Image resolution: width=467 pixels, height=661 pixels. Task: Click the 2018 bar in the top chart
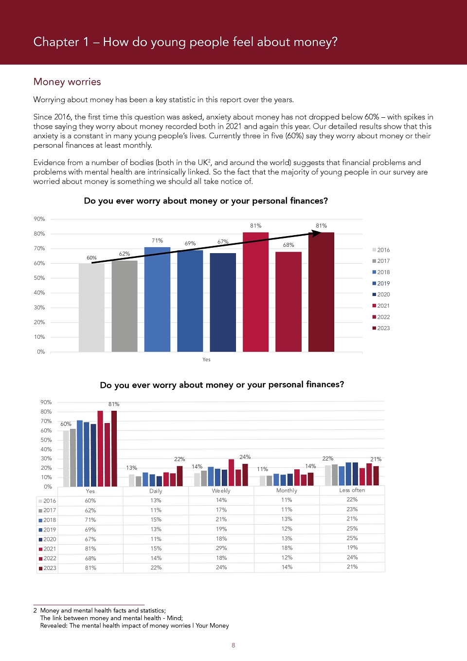point(157,299)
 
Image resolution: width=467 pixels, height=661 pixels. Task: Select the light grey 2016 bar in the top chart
point(91,308)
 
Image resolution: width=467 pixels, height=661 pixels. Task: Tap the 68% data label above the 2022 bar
point(288,245)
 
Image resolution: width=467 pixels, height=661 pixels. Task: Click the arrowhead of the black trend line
point(317,234)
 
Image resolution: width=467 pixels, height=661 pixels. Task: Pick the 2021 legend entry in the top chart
point(381,306)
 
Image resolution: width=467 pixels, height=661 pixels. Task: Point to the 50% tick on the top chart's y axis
point(39,278)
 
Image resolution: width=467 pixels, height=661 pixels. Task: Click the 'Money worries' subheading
point(67,82)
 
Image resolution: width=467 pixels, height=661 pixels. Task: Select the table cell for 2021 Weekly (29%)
point(221,548)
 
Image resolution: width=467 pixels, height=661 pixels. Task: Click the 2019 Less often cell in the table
point(352,528)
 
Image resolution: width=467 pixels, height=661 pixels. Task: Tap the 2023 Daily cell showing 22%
point(156,567)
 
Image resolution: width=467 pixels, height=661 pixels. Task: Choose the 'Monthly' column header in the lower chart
point(287,490)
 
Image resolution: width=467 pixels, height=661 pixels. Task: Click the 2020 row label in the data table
point(47,539)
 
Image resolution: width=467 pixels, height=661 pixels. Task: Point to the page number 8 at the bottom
point(233,645)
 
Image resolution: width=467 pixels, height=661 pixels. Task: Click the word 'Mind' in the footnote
point(174,618)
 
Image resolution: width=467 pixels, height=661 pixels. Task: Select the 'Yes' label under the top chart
point(206,359)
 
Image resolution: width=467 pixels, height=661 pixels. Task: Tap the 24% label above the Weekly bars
point(245,457)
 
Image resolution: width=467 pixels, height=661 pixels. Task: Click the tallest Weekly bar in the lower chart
point(231,473)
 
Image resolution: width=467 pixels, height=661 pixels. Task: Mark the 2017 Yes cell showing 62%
point(90,510)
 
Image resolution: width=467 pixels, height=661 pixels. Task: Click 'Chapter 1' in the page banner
point(61,42)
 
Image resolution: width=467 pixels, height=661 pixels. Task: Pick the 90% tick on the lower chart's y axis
point(46,402)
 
